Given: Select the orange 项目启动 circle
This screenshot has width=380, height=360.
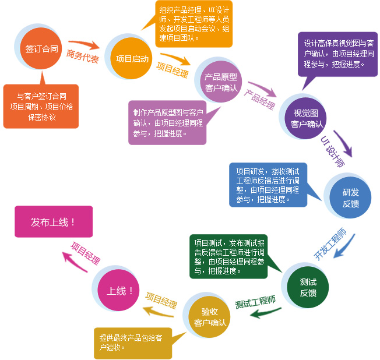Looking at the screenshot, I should [x=132, y=59].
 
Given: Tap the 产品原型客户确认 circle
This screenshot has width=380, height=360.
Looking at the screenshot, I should [x=221, y=83].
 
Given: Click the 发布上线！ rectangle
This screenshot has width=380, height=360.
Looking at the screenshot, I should [x=53, y=221].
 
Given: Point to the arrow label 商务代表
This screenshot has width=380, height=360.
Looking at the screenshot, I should [x=82, y=57].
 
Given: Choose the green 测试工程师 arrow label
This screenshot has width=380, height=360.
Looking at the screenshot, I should [x=255, y=303].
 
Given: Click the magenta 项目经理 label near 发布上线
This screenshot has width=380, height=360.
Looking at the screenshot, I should [x=85, y=254].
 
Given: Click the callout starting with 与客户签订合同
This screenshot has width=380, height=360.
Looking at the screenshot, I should [x=41, y=105].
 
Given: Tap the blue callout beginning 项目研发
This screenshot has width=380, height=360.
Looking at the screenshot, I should [x=268, y=185].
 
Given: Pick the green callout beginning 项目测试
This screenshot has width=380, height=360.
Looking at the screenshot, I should [x=230, y=256].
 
